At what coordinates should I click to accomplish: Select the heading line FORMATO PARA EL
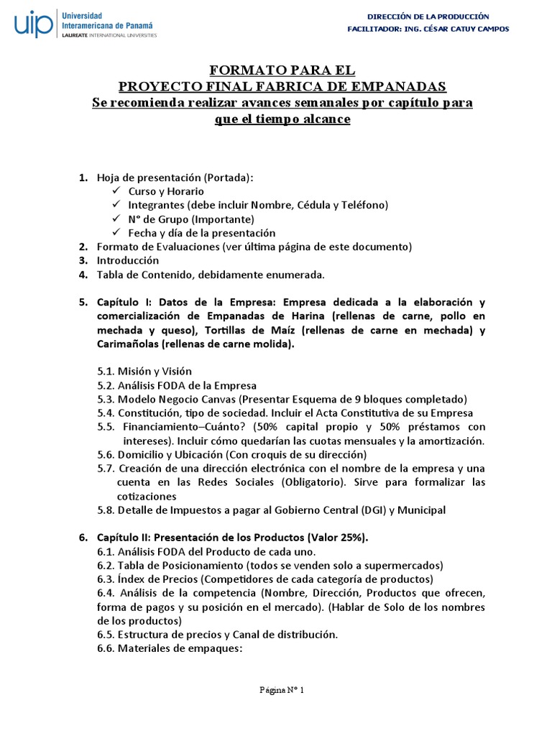click(x=282, y=70)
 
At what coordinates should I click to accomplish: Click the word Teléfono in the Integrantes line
click(x=364, y=206)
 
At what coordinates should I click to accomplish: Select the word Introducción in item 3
click(x=128, y=260)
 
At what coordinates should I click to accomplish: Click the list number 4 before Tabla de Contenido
click(x=83, y=274)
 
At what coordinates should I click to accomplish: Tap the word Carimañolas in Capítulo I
click(x=126, y=344)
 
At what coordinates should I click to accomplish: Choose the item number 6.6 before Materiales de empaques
click(x=106, y=648)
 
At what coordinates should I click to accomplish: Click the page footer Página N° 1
click(x=282, y=691)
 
